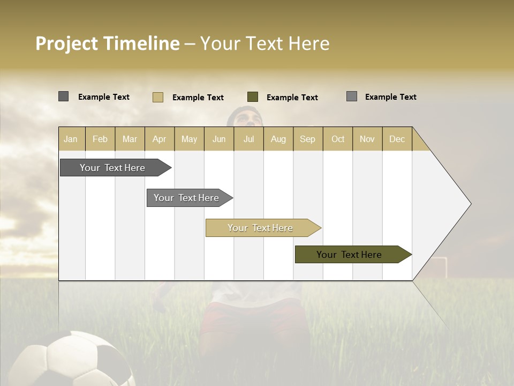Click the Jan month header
(71, 139)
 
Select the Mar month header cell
(130, 139)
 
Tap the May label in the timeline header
(189, 139)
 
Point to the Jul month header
(248, 139)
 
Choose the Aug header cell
(278, 139)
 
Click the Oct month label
(338, 139)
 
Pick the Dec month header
(397, 139)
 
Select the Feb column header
(100, 139)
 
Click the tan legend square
(157, 97)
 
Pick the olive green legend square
(253, 97)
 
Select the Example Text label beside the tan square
(198, 98)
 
